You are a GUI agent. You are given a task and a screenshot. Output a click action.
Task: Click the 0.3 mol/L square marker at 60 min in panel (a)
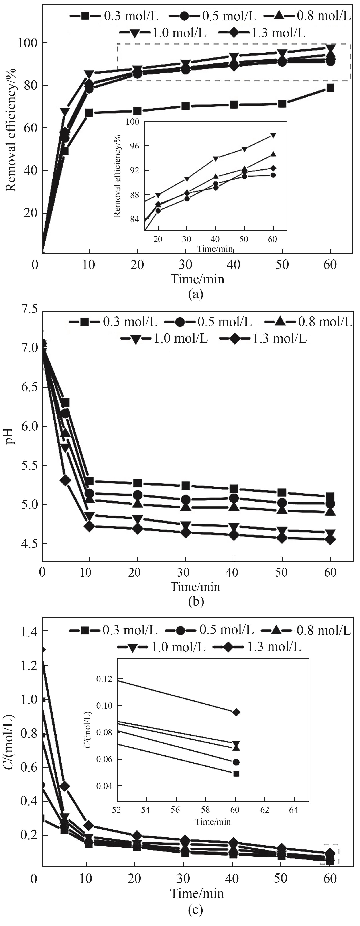tap(330, 88)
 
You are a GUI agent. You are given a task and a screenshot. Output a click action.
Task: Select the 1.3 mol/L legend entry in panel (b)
tap(263, 339)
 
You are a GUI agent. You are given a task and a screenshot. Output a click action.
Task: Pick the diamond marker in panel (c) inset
tap(236, 712)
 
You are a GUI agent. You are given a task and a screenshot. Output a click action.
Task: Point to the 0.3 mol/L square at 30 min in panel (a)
tap(186, 106)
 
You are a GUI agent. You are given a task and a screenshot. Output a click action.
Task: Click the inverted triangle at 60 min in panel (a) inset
tap(273, 135)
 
